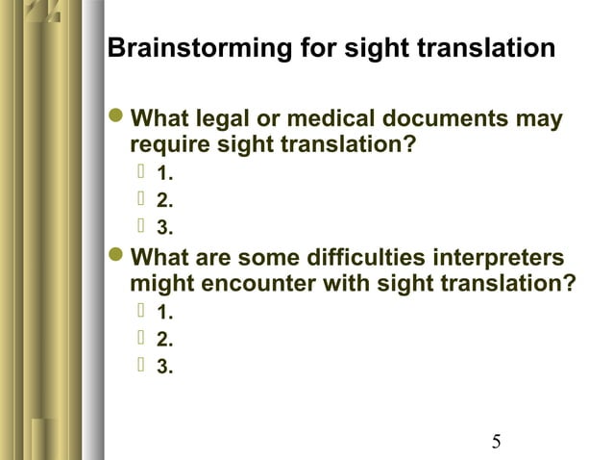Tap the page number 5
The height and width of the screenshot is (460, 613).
496,442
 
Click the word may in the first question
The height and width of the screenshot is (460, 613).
540,121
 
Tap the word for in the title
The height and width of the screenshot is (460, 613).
297,48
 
